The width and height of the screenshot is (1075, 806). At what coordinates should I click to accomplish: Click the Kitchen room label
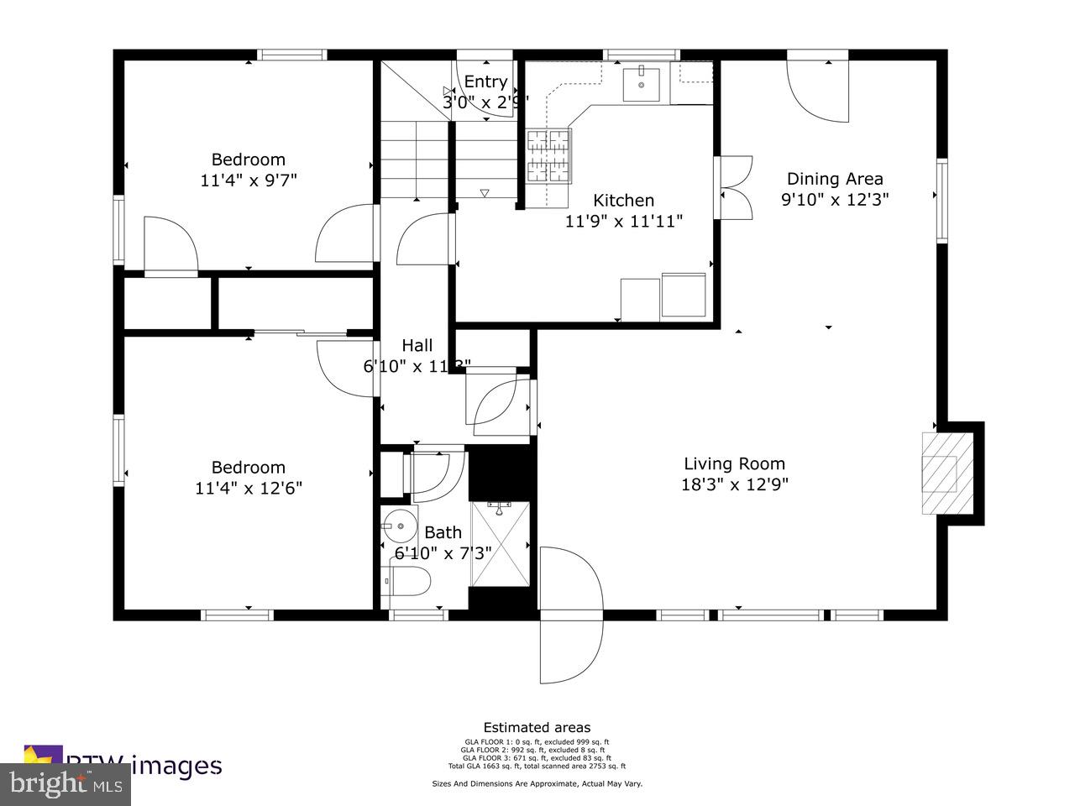[623, 201]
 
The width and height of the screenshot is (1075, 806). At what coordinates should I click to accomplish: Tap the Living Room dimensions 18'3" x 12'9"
[734, 484]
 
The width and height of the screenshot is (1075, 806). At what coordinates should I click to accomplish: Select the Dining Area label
[834, 179]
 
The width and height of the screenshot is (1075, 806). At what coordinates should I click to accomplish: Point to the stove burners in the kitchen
[549, 157]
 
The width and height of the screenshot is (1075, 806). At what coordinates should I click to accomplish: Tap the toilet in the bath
[407, 580]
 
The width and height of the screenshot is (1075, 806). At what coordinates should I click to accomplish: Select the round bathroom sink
[400, 526]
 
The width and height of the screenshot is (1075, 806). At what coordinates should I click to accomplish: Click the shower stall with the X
[501, 543]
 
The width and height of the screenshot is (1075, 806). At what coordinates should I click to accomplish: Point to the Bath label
[443, 532]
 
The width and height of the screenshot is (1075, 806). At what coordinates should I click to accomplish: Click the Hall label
[417, 345]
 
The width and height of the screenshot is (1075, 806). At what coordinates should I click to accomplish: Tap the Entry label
[485, 81]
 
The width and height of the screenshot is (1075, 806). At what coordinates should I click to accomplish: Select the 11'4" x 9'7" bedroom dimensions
[249, 180]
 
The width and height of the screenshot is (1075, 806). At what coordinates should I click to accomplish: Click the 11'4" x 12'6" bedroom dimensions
[249, 488]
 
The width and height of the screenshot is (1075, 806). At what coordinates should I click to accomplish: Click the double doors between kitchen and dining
[732, 188]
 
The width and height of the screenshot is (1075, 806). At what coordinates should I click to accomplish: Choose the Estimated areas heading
[537, 728]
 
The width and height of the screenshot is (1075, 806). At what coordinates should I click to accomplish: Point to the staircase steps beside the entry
[417, 160]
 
